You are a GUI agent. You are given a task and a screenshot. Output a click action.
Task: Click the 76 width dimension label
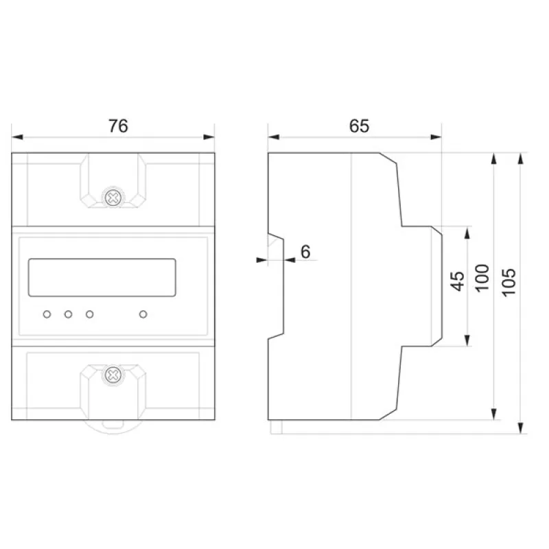point(118,126)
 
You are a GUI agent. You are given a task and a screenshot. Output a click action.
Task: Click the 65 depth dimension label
point(359,126)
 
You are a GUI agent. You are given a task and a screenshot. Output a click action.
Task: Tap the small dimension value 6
point(305,252)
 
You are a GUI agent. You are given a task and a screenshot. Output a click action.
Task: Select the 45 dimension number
point(457,281)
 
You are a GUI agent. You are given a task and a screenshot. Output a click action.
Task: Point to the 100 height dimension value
point(482,278)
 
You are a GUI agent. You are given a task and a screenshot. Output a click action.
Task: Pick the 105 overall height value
point(509,283)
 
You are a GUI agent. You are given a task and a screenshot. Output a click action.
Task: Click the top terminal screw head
point(113,198)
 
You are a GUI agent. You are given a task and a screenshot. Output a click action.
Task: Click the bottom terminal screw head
point(113,375)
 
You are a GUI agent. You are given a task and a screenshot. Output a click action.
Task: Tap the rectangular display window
point(102,278)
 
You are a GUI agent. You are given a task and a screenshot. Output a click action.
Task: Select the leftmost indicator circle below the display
point(47,314)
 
